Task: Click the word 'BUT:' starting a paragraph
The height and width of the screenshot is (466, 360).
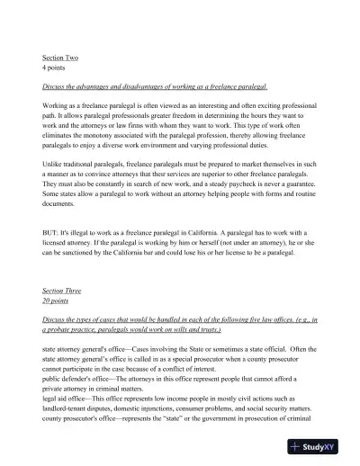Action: point(51,233)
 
